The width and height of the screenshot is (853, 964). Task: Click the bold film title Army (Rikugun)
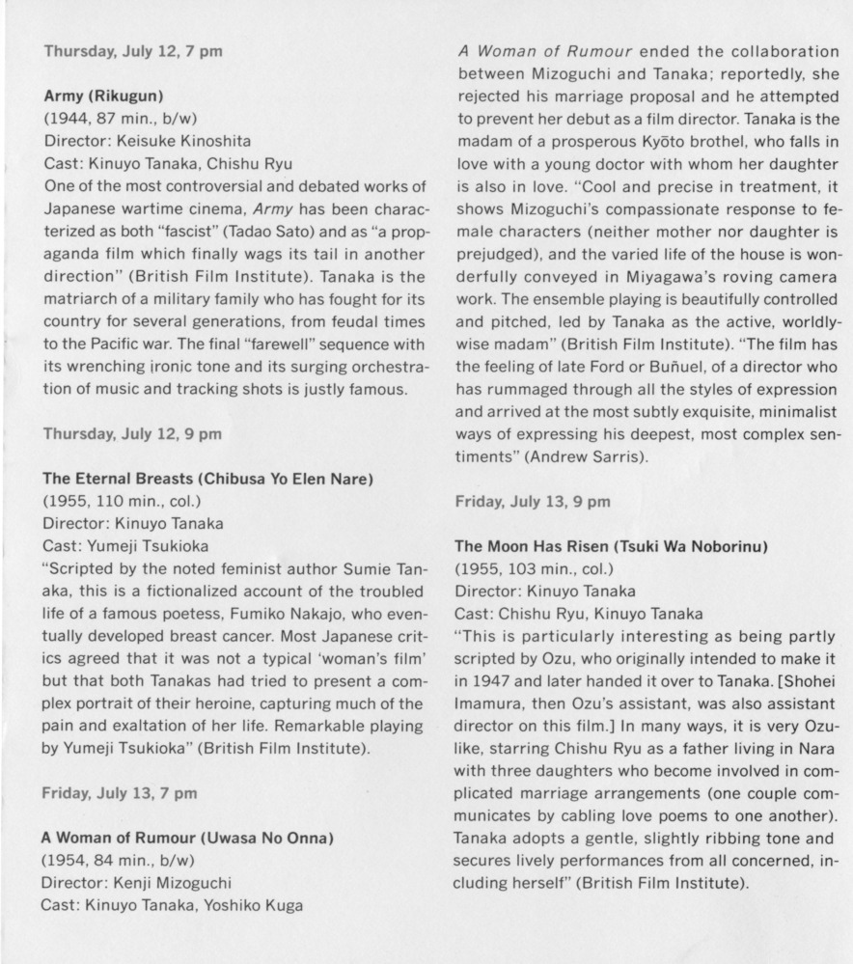coord(104,97)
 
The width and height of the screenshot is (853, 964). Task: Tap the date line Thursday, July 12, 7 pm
coord(133,50)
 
